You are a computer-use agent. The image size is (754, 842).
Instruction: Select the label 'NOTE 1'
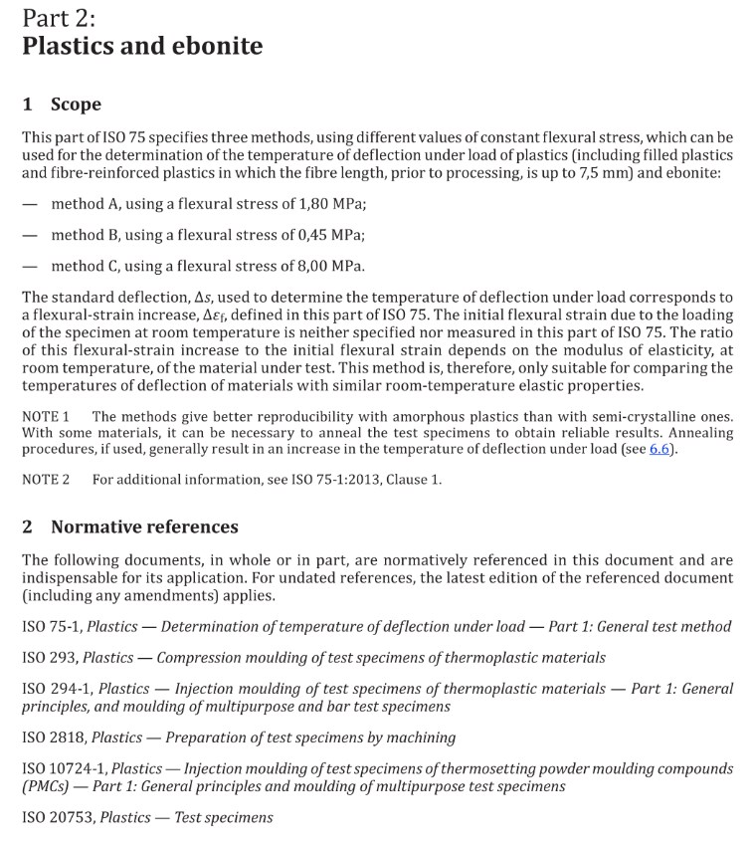click(x=46, y=416)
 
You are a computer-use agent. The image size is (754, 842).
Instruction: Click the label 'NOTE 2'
click(x=46, y=480)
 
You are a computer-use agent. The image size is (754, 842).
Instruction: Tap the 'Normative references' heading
click(x=144, y=526)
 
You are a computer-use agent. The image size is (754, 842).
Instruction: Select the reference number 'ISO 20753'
click(x=57, y=817)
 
